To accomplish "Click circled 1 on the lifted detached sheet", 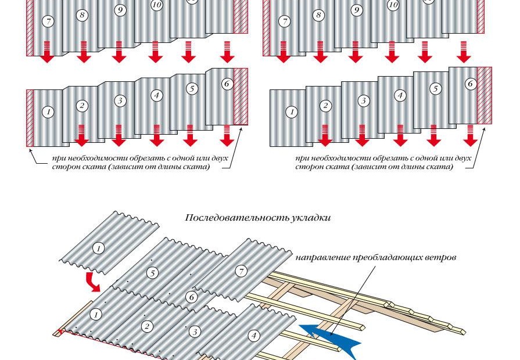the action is pyautogui.click(x=98, y=248).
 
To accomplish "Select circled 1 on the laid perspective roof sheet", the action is pyautogui.click(x=96, y=314).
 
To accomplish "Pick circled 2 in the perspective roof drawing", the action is pyautogui.click(x=147, y=326).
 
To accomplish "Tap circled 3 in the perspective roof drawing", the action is pyautogui.click(x=195, y=332).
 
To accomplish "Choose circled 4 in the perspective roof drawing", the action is pyautogui.click(x=254, y=336).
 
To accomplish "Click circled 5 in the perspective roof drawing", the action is pyautogui.click(x=153, y=273).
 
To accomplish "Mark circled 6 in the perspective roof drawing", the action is pyautogui.click(x=191, y=297).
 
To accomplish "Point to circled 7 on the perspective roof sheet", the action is pyautogui.click(x=241, y=272).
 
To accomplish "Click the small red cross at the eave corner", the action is pyautogui.click(x=60, y=330).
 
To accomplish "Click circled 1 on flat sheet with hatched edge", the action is pyautogui.click(x=48, y=111).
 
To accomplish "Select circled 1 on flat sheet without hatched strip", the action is pyautogui.click(x=292, y=112).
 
